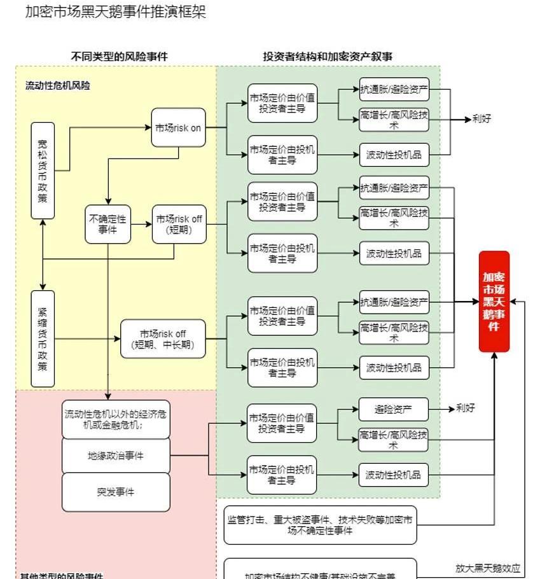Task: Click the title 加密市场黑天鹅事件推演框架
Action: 115,12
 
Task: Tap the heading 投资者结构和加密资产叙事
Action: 328,57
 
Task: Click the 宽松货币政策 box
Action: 43,171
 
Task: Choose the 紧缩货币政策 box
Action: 43,338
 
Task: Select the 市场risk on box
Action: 178,128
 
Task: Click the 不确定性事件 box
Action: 108,224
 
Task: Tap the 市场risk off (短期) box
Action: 179,224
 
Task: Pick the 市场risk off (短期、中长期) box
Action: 163,339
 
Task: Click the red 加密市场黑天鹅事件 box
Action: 494,302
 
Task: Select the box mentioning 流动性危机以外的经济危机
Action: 116,419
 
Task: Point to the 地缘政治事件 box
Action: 116,456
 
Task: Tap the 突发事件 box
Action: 116,492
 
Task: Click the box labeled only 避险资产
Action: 393,409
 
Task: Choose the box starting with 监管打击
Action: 320,525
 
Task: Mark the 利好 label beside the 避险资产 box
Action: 466,408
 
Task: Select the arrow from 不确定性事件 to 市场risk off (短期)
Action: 142,224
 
